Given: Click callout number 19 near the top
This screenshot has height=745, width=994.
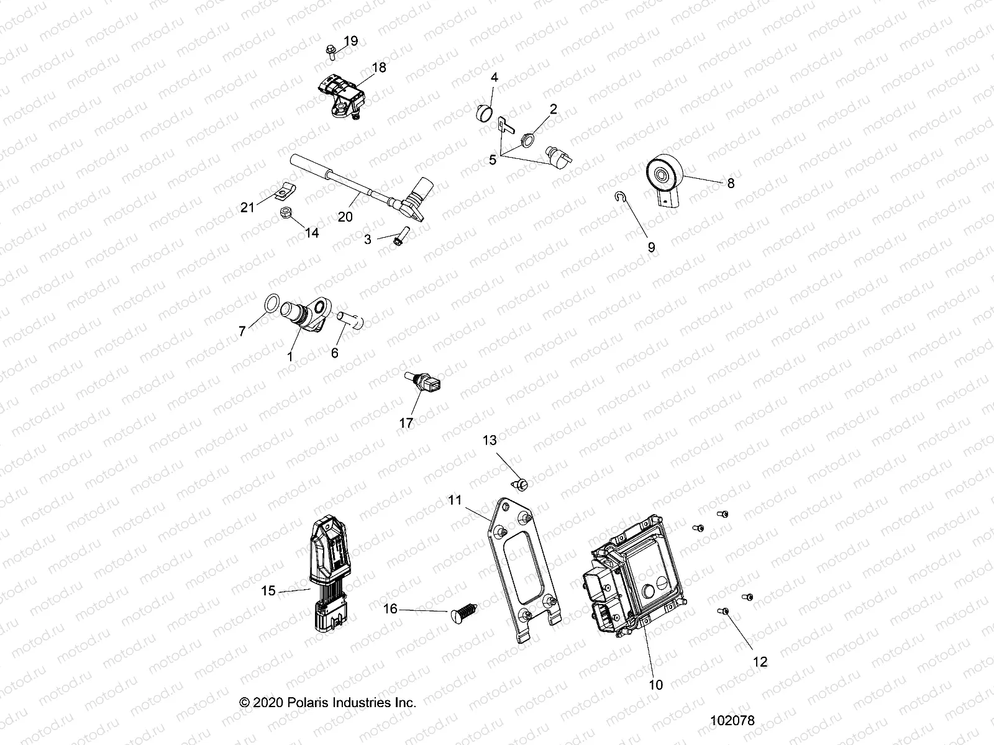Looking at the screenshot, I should [351, 42].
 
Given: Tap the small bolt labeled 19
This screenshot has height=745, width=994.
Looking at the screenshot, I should [330, 52].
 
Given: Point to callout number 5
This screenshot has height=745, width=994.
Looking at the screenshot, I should [493, 160].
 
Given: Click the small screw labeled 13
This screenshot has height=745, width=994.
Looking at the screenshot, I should [518, 482].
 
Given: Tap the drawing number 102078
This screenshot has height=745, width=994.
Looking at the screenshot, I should [733, 721].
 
